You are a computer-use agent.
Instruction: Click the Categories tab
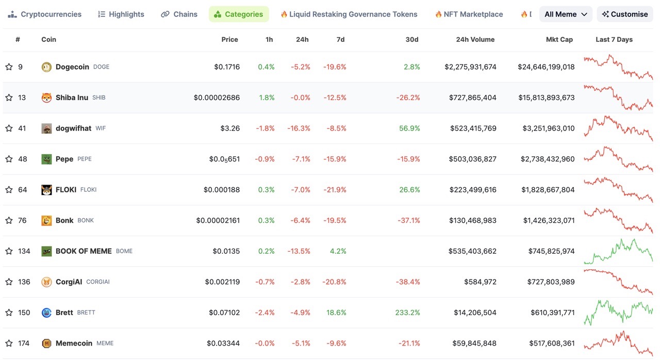(239, 14)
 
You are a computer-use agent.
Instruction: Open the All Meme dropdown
(566, 14)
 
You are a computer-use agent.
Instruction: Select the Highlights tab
(121, 14)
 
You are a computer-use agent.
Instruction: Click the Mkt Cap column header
(559, 40)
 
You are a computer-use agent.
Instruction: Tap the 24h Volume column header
(475, 40)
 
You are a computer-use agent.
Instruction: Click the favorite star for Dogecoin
(9, 67)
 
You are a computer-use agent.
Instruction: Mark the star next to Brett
(9, 313)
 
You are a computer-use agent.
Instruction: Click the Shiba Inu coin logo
(46, 97)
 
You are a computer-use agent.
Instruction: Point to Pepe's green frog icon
(46, 159)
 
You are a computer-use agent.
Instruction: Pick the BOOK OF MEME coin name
(84, 251)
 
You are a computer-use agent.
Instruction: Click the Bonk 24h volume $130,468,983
(473, 220)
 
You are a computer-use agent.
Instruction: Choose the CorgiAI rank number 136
(24, 282)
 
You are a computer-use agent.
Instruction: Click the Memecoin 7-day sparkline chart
(618, 343)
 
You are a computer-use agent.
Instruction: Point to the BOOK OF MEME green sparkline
(618, 251)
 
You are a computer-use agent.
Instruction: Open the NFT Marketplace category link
(469, 14)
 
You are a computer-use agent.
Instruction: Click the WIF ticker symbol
(101, 128)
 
